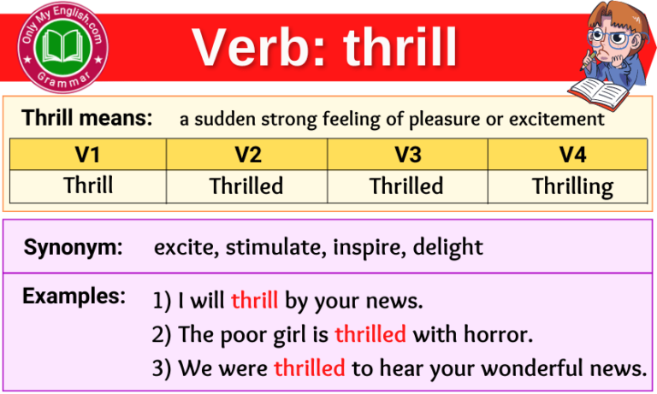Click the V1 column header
pos(87,155)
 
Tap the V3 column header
pos(406,155)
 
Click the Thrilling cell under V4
pos(571,186)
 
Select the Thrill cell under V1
pos(87,185)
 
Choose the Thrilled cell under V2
pos(246,186)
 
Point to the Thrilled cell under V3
pos(406,186)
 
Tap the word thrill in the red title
pos(400,47)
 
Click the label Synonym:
pos(73,248)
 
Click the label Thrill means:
pos(87,118)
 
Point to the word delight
pos(448,248)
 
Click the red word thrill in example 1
pos(254,301)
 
